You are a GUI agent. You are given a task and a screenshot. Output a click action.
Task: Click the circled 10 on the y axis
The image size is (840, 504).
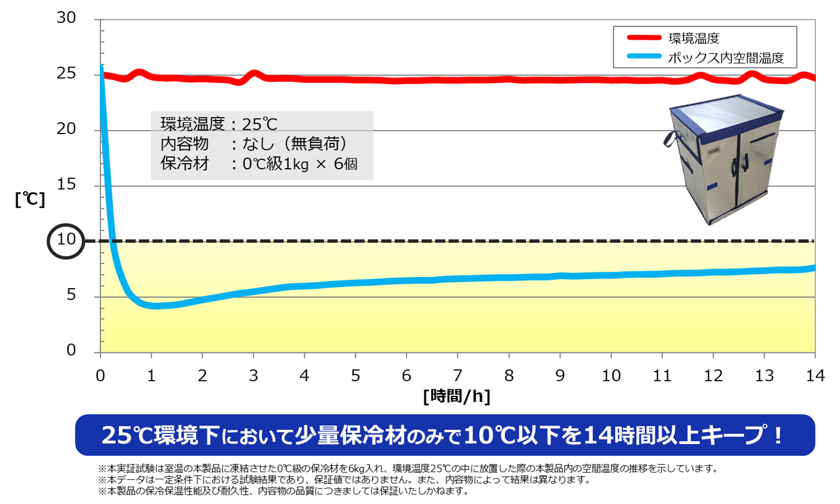66,240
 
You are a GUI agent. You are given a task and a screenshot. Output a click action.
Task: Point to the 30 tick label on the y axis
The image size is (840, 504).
66,18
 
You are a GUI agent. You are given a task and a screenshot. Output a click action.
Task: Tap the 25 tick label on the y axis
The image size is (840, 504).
66,74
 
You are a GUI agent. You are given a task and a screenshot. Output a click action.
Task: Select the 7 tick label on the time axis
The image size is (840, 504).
458,376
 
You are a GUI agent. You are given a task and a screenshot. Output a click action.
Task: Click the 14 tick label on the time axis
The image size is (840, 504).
815,376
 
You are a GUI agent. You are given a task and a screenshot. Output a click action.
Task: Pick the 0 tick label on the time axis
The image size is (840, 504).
101,376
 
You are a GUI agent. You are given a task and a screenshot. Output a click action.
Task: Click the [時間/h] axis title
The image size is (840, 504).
456,396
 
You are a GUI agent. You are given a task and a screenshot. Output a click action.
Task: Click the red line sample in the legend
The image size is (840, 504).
644,38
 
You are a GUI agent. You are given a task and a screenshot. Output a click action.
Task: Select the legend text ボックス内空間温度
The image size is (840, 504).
726,58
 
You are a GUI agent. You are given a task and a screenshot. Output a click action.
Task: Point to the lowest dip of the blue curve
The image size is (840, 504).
154,306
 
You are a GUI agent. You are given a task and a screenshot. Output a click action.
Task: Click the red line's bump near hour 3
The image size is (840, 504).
254,75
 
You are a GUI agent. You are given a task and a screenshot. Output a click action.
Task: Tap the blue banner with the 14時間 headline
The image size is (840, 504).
445,435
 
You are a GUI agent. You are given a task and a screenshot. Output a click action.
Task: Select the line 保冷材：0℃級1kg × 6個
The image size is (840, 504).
259,163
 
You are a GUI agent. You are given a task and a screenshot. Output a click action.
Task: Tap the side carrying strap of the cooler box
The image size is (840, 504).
670,139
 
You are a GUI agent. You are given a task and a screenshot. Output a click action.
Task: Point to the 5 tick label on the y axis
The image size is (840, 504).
71,295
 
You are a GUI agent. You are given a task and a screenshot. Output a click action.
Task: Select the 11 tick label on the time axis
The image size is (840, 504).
662,376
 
